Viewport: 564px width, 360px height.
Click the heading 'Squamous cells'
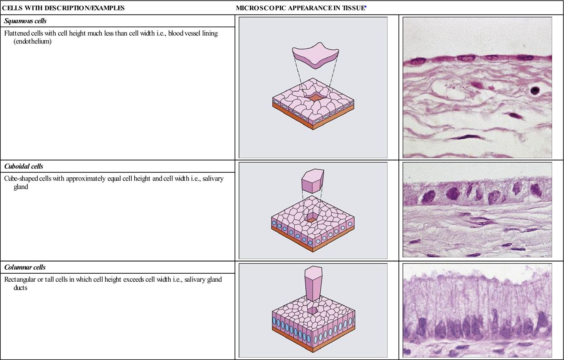pyautogui.click(x=25, y=21)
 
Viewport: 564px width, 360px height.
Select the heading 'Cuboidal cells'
pyautogui.click(x=24, y=166)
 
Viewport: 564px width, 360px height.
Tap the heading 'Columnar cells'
pyautogui.click(x=25, y=267)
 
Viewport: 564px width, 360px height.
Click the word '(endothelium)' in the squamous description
pyautogui.click(x=32, y=42)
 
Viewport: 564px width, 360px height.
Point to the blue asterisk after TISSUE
pyautogui.click(x=366, y=7)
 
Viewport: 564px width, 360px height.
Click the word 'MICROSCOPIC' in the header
pyautogui.click(x=261, y=8)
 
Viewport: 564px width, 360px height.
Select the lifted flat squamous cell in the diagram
pyautogui.click(x=315, y=55)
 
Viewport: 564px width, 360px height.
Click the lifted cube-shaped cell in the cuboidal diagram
pyautogui.click(x=313, y=181)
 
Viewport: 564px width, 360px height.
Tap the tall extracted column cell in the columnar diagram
pyautogui.click(x=313, y=284)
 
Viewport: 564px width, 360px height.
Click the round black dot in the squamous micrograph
pyautogui.click(x=535, y=90)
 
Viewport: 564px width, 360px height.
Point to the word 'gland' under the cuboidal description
pyautogui.click(x=21, y=187)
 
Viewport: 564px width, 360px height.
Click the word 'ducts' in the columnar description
pyautogui.click(x=20, y=288)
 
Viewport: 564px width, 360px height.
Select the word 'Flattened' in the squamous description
pyautogui.click(x=17, y=33)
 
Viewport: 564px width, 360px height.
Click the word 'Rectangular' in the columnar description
pyautogui.click(x=20, y=280)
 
